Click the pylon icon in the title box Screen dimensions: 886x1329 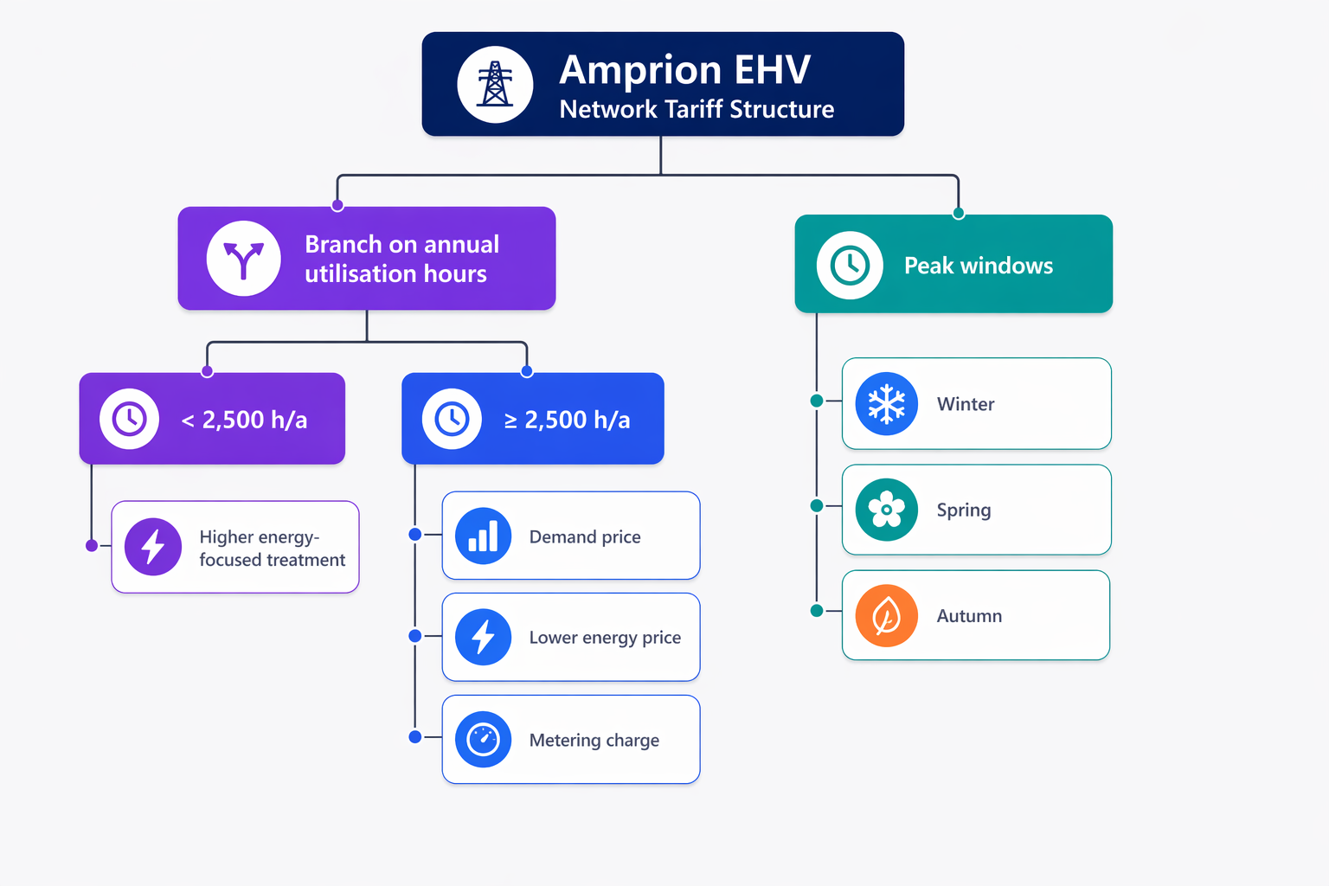pos(495,84)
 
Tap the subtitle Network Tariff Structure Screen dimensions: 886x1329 pos(697,110)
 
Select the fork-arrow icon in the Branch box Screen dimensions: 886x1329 pos(243,259)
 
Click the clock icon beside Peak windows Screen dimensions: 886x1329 pos(850,265)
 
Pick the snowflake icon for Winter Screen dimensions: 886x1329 pos(886,404)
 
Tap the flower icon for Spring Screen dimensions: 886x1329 pos(886,510)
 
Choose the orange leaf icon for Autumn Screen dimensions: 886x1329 pos(886,616)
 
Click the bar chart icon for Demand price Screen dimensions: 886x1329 pos(483,536)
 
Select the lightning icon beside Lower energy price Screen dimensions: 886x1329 pos(483,638)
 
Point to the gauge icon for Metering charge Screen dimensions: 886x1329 pos(483,740)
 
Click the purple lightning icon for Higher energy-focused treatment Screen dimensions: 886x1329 pos(153,547)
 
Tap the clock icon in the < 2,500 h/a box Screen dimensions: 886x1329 pos(129,420)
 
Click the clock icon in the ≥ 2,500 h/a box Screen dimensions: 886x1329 pos(452,420)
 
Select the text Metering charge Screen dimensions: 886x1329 pos(594,741)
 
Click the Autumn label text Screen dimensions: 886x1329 pos(969,616)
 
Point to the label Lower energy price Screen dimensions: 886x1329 pos(605,638)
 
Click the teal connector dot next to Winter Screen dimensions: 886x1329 pos(817,401)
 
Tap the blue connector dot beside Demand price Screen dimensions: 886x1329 pos(415,535)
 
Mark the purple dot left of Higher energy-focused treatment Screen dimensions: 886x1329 pos(92,545)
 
